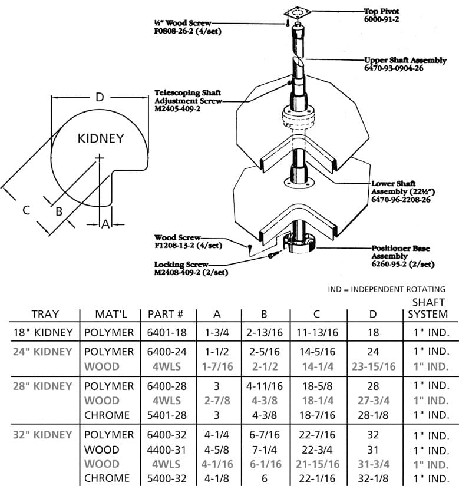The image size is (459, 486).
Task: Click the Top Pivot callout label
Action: coord(382,15)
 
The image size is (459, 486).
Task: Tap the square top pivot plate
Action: coord(298,13)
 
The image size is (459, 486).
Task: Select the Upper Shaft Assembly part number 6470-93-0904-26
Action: coord(394,68)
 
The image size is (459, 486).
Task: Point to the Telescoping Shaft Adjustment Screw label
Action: coord(188,101)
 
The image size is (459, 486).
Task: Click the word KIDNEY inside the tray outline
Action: coord(101,138)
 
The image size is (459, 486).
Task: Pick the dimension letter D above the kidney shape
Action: coord(100,97)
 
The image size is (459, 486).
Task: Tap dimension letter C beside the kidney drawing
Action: coord(27,210)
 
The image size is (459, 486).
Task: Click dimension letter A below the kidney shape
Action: coord(105,224)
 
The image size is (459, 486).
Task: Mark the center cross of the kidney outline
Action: coord(99,158)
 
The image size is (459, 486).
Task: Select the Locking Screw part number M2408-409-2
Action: coord(191,272)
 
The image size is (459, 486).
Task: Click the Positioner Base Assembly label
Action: coord(403,256)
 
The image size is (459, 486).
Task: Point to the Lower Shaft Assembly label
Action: coord(403,191)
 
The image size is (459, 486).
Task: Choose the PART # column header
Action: coord(166,315)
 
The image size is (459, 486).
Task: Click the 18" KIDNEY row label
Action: coord(43,333)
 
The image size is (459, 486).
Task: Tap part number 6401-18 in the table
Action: coord(167,333)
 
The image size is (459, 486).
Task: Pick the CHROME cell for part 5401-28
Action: coord(107,415)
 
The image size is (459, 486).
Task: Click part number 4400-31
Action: coord(167,449)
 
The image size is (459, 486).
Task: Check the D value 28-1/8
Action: coord(373,415)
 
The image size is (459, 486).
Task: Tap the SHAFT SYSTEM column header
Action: coord(428,308)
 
